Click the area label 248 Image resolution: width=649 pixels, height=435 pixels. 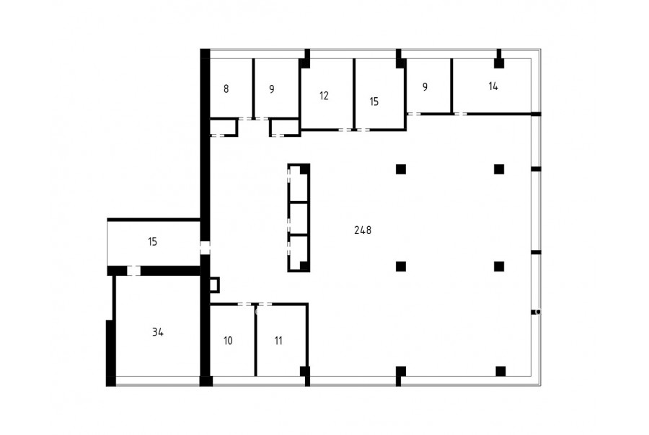pos(363,230)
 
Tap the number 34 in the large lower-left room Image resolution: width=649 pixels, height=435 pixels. pos(157,331)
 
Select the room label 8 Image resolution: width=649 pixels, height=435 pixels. pos(226,89)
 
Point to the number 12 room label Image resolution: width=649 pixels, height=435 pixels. pos(324,96)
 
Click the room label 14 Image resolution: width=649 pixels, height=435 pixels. pos(493,86)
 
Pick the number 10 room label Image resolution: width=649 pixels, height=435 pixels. pos(228,341)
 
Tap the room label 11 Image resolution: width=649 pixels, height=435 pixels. pos(278,341)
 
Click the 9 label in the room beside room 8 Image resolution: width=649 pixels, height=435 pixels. pos(272,89)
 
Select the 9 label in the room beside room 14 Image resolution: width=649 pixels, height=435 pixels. pos(425,87)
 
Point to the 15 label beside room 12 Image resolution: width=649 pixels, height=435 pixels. pos(374,102)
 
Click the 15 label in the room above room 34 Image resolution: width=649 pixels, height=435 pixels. pos(152,241)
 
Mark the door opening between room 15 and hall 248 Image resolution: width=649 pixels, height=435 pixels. pos(205,248)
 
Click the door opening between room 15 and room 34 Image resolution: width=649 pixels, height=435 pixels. pos(133,271)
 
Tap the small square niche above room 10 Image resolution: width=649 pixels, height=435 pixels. pos(214,285)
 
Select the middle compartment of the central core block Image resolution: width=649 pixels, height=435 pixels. pos(298,219)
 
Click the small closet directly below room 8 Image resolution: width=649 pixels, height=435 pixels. pos(224,127)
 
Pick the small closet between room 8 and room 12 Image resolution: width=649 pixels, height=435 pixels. pos(285,127)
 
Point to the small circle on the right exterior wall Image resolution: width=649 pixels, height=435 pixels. pos(538,312)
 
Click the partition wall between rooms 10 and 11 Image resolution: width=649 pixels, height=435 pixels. pos(256,341)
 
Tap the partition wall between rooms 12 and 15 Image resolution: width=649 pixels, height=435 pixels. pos(354,94)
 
